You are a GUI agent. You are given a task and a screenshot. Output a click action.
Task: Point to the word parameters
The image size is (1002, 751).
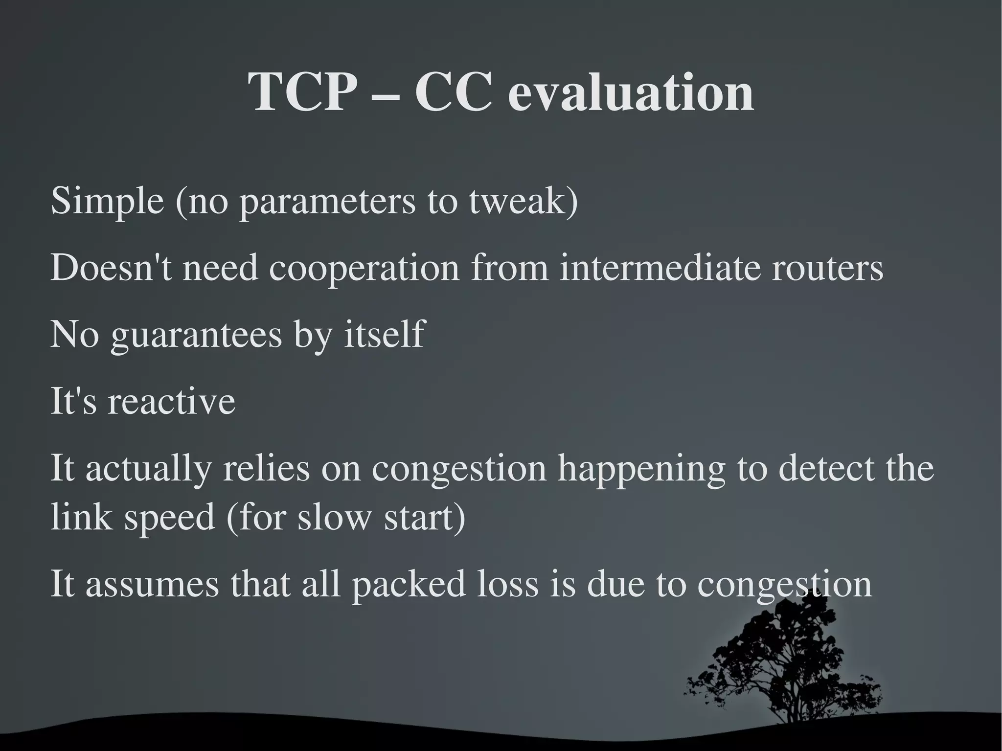click(327, 202)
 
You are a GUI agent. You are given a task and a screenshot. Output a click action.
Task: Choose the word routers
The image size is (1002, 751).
click(827, 268)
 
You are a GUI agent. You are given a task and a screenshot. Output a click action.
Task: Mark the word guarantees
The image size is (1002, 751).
click(196, 336)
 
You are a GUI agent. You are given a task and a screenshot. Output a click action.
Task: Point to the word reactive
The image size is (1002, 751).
click(171, 401)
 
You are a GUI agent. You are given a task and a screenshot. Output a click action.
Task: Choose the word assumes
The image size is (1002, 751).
click(152, 584)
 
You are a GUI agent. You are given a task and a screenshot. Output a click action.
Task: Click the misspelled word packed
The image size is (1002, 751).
click(409, 585)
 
